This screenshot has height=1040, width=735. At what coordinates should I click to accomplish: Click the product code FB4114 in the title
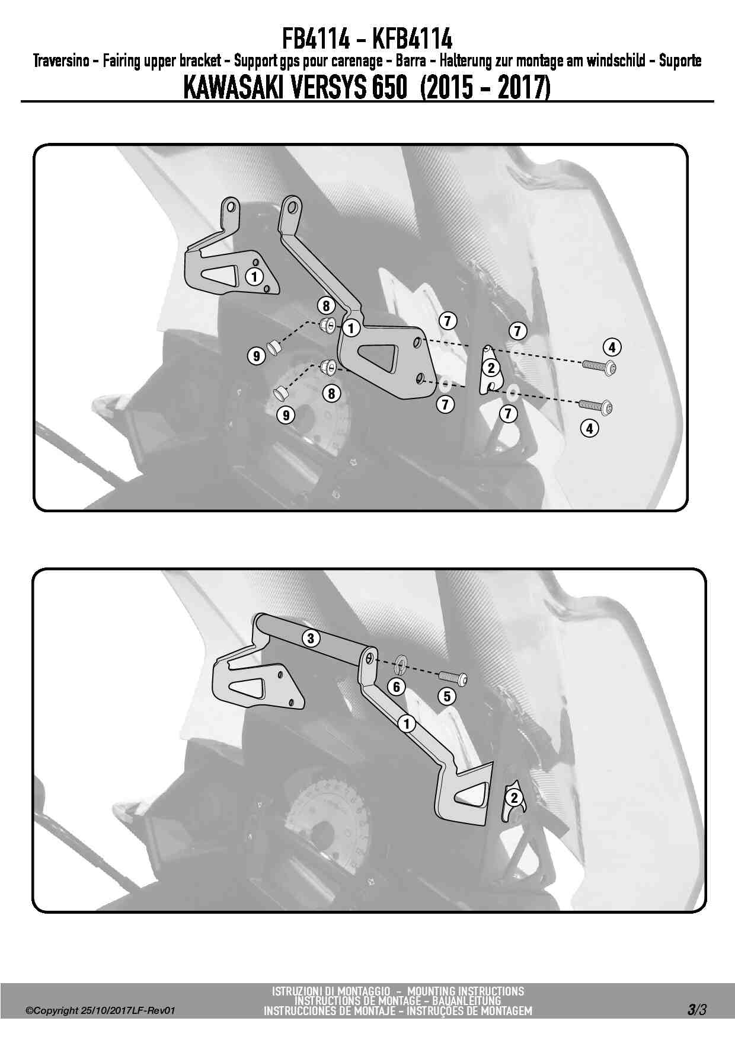[318, 39]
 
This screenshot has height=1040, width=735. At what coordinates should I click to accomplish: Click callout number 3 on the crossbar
[311, 638]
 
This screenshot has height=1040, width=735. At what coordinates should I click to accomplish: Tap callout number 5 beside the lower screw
[447, 696]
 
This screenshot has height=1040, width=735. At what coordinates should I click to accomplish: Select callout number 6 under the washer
[396, 687]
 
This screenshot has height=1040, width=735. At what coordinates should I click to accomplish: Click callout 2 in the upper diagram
[491, 368]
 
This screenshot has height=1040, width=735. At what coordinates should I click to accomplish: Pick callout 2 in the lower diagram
[514, 797]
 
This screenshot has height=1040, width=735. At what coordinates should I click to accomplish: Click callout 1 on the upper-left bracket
[254, 276]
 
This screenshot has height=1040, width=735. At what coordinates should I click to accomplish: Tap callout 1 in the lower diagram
[407, 724]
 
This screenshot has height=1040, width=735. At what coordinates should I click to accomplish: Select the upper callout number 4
[612, 347]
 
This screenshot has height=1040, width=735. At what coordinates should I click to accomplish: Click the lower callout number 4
[589, 428]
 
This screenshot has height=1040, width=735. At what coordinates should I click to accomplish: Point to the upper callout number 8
[326, 306]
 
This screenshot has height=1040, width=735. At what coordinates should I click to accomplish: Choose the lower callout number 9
[286, 415]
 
